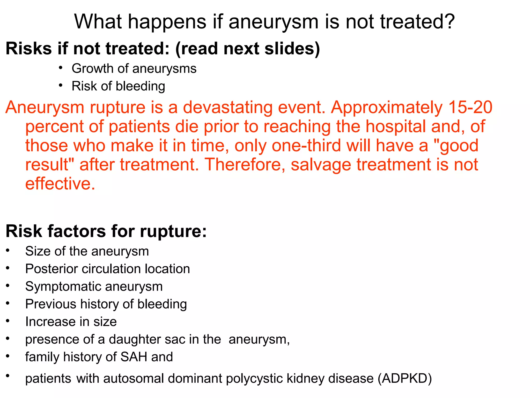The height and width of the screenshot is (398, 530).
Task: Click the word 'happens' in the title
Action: click(167, 22)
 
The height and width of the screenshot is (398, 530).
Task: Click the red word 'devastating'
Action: click(227, 107)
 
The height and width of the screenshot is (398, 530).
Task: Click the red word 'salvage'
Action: click(321, 165)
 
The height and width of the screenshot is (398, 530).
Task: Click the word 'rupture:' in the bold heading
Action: click(173, 231)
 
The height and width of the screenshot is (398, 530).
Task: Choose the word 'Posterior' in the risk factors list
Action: click(51, 269)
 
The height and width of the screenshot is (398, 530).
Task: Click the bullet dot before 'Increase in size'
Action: click(8, 321)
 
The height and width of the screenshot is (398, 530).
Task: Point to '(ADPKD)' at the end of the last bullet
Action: click(404, 379)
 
